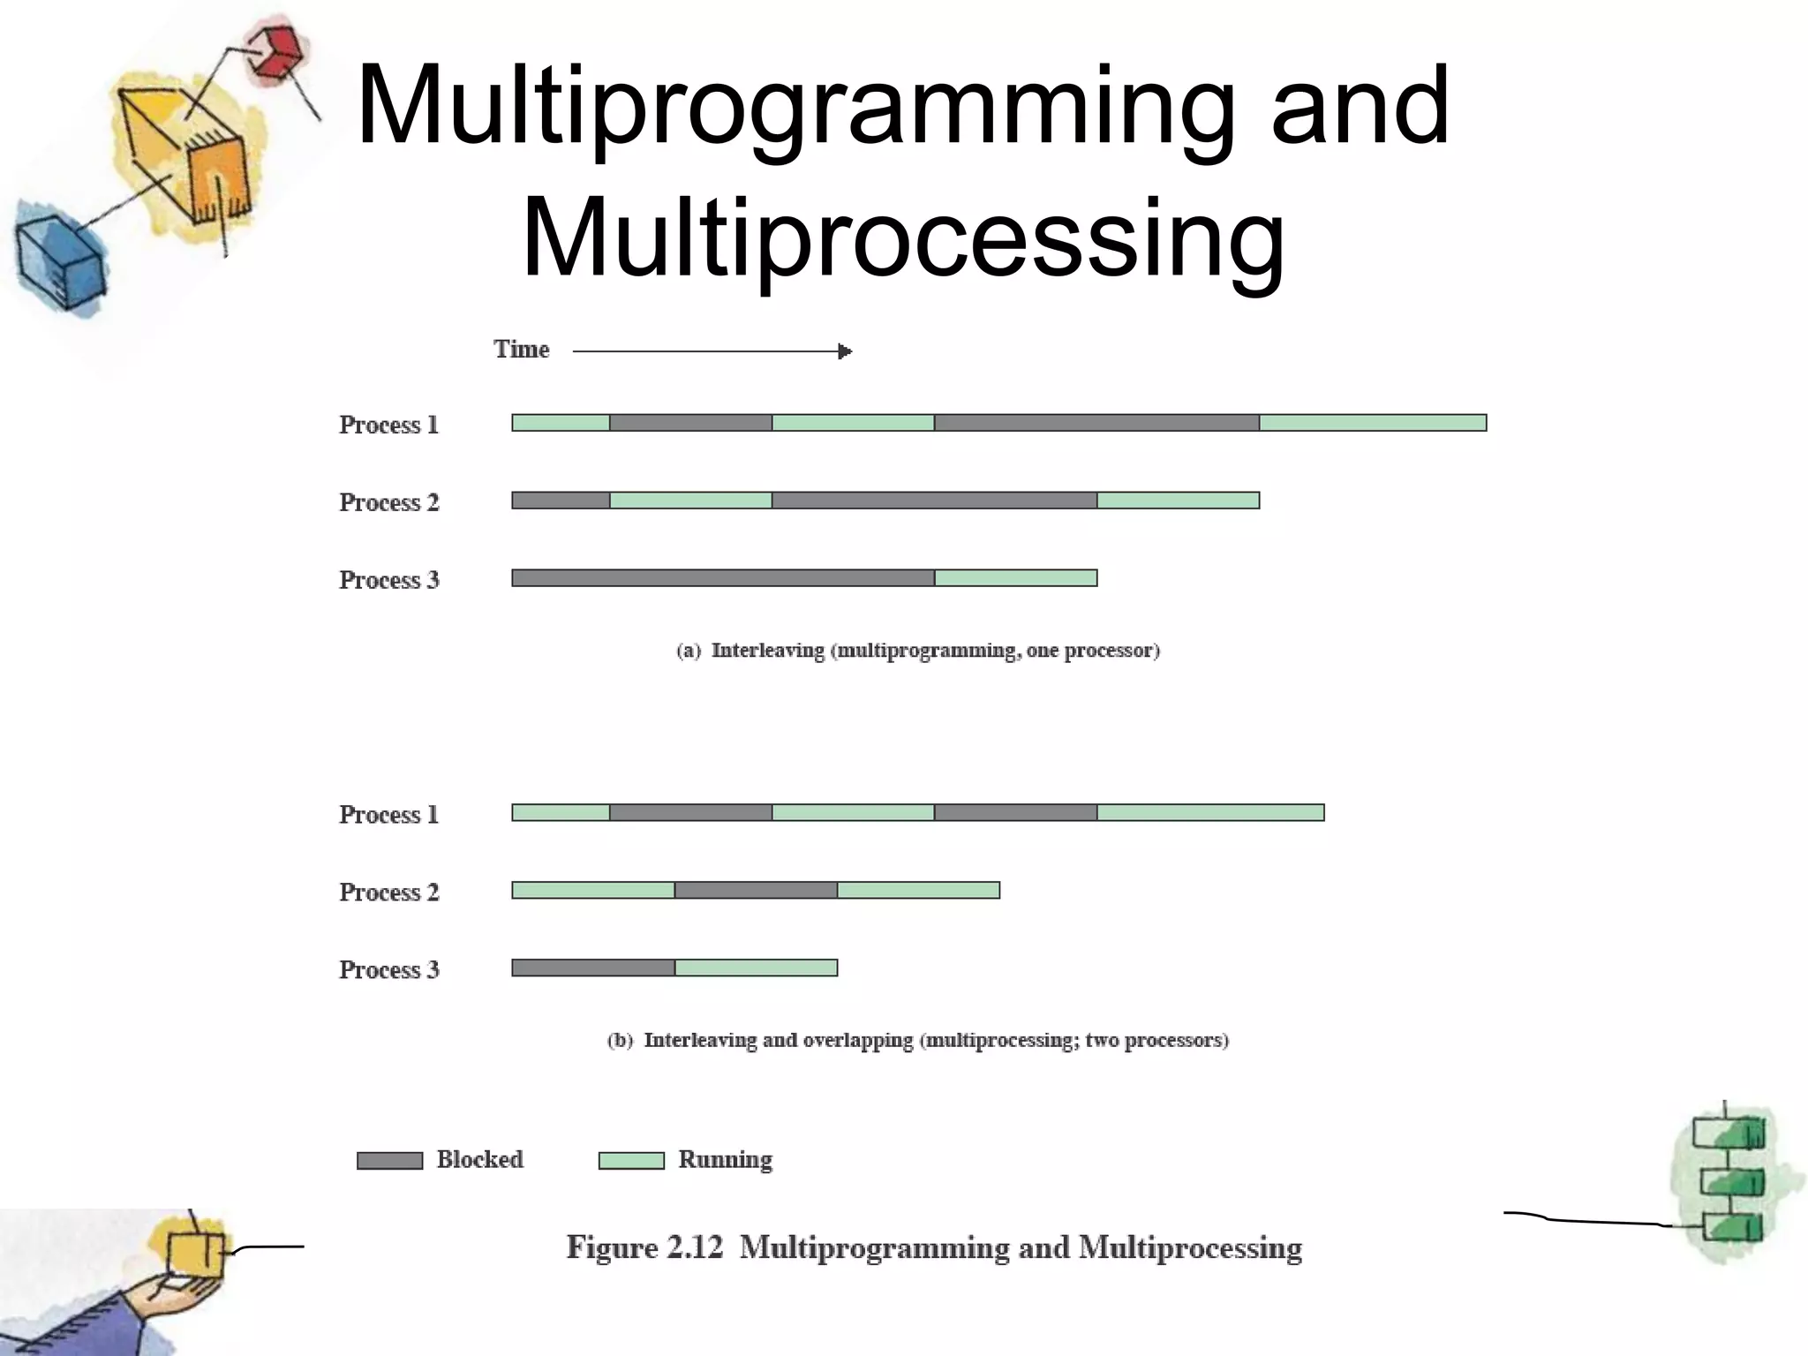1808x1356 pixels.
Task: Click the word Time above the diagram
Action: click(521, 350)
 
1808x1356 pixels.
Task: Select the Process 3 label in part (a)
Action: click(388, 580)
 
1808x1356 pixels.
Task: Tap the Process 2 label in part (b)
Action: click(388, 893)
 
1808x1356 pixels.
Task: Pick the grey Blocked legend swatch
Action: click(389, 1161)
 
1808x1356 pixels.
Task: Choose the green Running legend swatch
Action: click(631, 1161)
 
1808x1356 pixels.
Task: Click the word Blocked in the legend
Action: click(479, 1159)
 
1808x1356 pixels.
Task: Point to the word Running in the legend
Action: click(725, 1159)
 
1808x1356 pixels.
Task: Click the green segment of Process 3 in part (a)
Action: click(1015, 578)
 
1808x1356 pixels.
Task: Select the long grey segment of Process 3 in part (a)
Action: click(723, 578)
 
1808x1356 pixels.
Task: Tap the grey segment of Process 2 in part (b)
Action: click(756, 890)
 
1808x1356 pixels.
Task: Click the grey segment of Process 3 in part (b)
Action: click(593, 968)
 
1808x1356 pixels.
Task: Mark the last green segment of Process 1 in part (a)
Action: click(1373, 423)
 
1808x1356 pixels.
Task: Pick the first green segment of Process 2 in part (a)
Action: click(690, 501)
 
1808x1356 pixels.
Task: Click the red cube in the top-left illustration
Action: click(275, 52)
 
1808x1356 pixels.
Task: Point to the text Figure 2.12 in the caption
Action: click(644, 1248)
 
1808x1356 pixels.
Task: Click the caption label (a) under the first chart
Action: click(689, 652)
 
